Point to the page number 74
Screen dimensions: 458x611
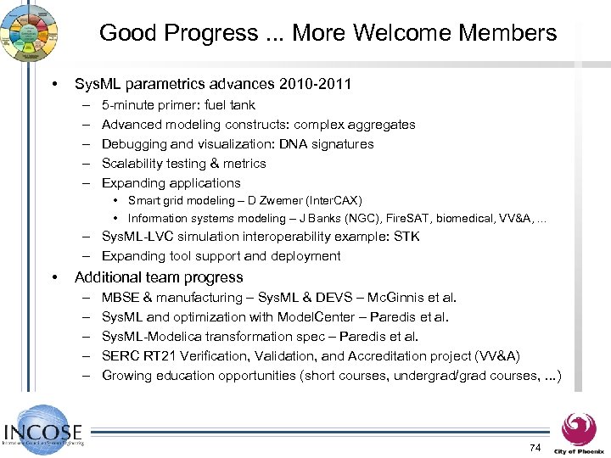click(x=534, y=447)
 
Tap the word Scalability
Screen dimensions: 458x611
click(x=132, y=164)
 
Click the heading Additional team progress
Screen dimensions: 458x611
click(x=159, y=277)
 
